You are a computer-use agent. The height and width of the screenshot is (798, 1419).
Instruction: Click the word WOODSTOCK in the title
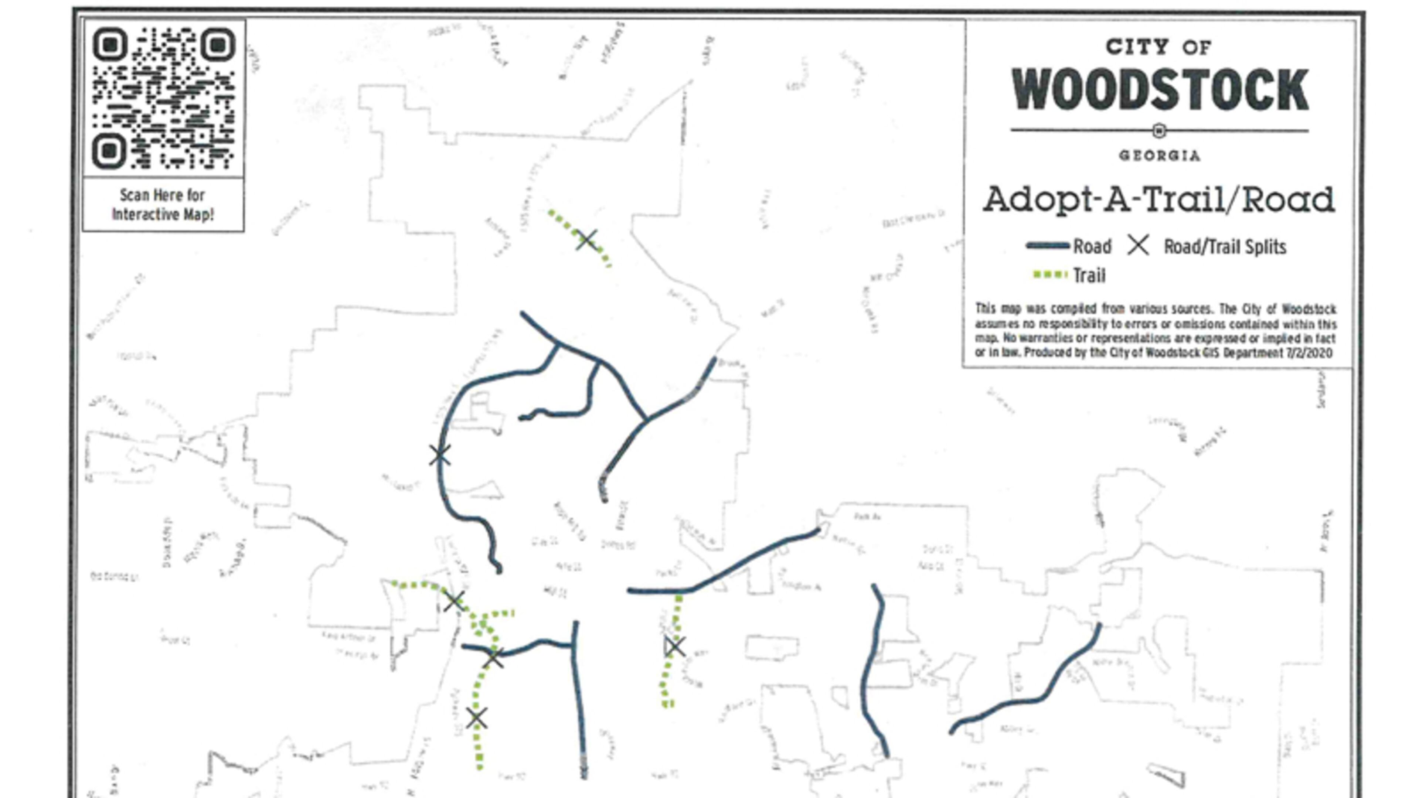point(1160,90)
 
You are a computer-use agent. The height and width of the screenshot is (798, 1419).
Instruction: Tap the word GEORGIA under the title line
point(1159,156)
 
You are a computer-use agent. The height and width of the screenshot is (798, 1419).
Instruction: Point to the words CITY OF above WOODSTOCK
point(1158,47)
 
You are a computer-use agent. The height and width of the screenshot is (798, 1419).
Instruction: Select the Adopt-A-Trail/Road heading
point(1158,199)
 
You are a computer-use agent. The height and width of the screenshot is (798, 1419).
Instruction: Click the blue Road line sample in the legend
point(1047,246)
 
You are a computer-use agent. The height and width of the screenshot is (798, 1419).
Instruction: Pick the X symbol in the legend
point(1137,246)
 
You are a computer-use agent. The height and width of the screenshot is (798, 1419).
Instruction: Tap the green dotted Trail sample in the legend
point(1050,275)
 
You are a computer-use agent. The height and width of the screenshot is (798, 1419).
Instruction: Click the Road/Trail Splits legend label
point(1225,247)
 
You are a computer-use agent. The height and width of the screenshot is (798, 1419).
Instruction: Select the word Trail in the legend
point(1089,275)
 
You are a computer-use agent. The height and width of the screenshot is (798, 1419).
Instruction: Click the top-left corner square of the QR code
point(110,45)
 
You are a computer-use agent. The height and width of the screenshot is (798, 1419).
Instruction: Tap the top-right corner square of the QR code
point(218,45)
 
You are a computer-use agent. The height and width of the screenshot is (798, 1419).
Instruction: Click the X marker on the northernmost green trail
point(586,239)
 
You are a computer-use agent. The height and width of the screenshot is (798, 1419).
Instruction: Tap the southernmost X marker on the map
point(476,719)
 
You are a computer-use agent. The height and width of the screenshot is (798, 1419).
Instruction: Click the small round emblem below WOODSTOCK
point(1159,130)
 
